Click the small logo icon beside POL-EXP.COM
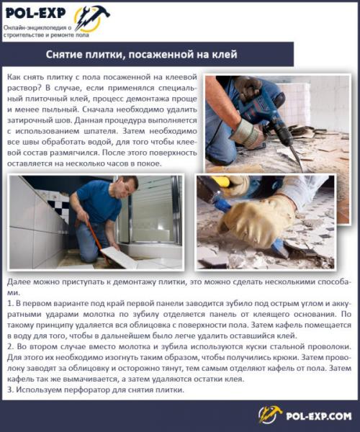pyautogui.click(x=271, y=415)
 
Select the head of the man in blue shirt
pyautogui.click(x=127, y=186)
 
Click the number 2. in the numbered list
pyautogui.click(x=9, y=347)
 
